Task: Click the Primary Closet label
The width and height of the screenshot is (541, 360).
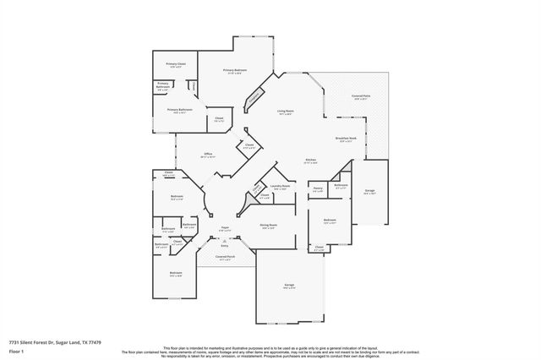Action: pyautogui.click(x=176, y=64)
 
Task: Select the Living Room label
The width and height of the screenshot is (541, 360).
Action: pyautogui.click(x=286, y=111)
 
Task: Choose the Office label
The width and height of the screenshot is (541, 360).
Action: pyautogui.click(x=207, y=155)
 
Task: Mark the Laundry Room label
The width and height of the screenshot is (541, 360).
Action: pyautogui.click(x=281, y=186)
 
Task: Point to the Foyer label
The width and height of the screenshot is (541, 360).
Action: pyautogui.click(x=225, y=228)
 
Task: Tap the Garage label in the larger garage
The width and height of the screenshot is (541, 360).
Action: pyautogui.click(x=290, y=286)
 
